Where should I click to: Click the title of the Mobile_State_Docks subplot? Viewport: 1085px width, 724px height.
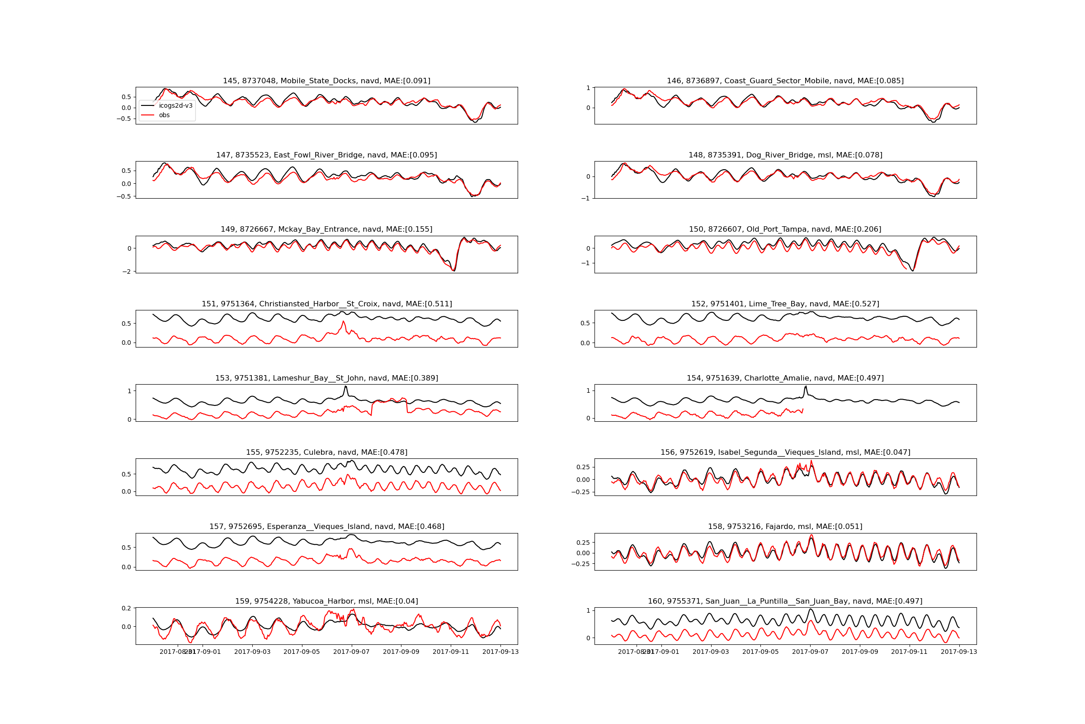[x=326, y=81]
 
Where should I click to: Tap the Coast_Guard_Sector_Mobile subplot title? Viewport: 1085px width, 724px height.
[x=785, y=81]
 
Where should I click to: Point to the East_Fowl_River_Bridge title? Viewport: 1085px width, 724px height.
[x=326, y=155]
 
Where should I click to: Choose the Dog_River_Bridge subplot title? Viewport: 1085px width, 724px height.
[x=785, y=155]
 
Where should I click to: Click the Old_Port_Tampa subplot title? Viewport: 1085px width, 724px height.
[x=785, y=229]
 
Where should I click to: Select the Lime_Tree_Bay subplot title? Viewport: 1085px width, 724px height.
[x=785, y=304]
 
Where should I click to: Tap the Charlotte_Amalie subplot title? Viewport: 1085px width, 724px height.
[x=785, y=378]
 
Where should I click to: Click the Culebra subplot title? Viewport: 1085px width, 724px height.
[x=326, y=452]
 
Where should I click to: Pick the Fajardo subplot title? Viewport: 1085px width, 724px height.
[x=785, y=527]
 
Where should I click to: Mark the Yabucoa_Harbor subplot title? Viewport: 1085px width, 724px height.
[x=326, y=601]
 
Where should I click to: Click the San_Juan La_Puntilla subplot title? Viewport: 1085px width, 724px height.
[x=785, y=601]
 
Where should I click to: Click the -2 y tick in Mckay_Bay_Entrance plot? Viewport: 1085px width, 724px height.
[x=127, y=271]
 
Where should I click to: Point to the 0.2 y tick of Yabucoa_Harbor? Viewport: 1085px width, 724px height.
[x=127, y=608]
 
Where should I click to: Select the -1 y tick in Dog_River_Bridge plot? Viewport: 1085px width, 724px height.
[x=586, y=199]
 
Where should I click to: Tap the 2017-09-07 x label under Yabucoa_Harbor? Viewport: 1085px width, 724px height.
[x=352, y=652]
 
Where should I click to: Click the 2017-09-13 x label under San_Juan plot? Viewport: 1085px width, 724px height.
[x=959, y=652]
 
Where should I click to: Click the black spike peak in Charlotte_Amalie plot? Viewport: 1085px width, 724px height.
[x=806, y=386]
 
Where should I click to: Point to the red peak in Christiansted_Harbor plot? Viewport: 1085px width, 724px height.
[x=343, y=321]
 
